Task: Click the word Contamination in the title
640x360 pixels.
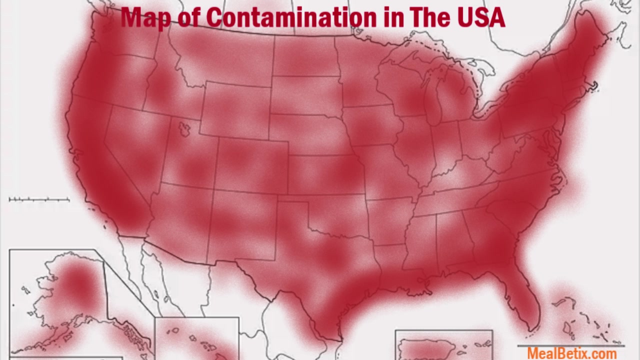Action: [291, 17]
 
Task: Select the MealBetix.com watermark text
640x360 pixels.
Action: [571, 353]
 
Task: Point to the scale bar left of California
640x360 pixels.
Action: [39, 199]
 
